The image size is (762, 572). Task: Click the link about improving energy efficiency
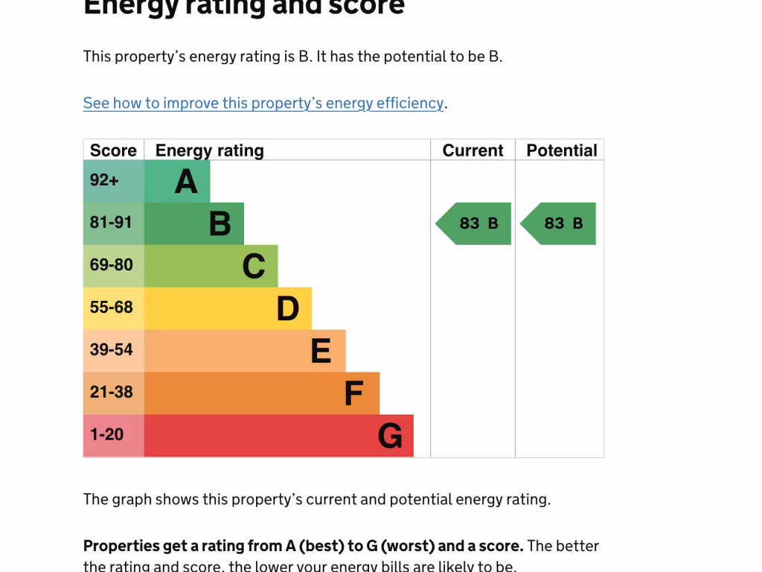263,103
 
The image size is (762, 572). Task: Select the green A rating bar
177,181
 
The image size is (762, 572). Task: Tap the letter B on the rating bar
220,223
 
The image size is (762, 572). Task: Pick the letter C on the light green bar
254,266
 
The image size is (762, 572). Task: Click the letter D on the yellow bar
288,308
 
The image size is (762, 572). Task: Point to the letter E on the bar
321,351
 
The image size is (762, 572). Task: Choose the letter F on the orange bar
354,393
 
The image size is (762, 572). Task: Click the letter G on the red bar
390,436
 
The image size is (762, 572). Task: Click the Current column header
473,150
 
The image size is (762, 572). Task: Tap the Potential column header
562,150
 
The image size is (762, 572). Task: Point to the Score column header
113,150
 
